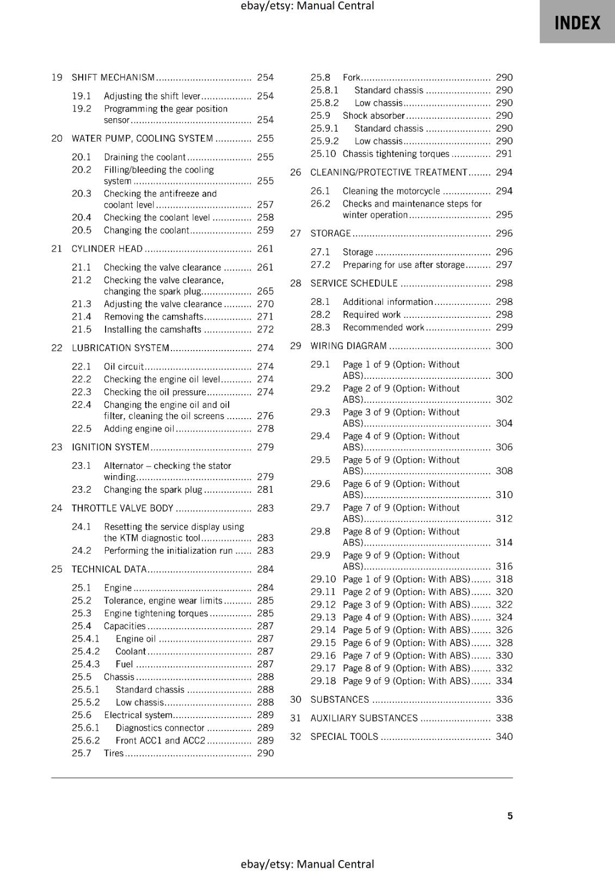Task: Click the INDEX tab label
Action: (577, 23)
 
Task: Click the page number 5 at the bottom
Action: (510, 815)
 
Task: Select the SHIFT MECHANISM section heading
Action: (113, 77)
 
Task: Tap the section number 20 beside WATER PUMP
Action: (57, 138)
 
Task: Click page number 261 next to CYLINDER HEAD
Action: (265, 249)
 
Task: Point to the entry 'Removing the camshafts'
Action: (153, 316)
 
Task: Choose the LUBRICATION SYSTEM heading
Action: (120, 348)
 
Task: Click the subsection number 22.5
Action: (82, 428)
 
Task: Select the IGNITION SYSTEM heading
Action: (110, 447)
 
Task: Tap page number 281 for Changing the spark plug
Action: (265, 489)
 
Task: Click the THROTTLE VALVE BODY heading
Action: (122, 508)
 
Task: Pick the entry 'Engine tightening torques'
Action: (156, 613)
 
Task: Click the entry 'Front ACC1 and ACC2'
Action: (160, 740)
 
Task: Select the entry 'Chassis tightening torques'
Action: (396, 154)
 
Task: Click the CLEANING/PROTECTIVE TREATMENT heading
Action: (389, 172)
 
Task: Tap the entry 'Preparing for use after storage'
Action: (403, 265)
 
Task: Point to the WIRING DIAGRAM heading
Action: (348, 346)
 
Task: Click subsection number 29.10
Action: (323, 579)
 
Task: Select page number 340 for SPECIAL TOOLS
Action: (504, 737)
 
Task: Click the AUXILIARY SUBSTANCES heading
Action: (364, 718)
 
